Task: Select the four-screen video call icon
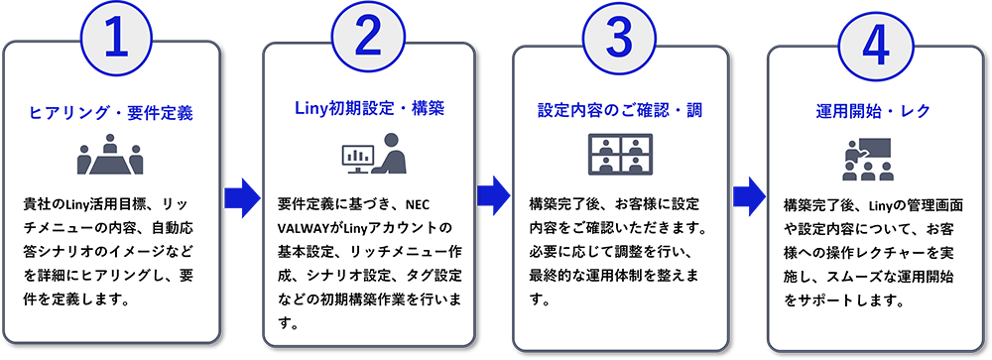tap(619, 156)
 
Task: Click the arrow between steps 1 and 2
tap(239, 188)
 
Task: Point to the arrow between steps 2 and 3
tap(491, 188)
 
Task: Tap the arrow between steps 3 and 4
tap(747, 188)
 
